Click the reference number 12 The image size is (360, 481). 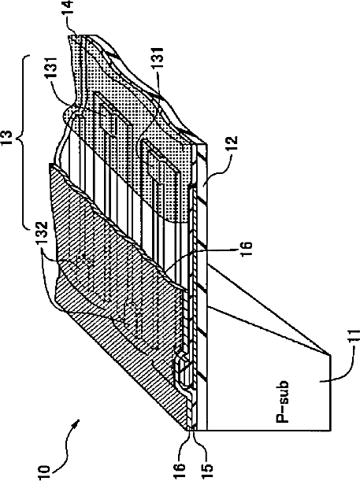(232, 143)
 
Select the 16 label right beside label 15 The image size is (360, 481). (180, 463)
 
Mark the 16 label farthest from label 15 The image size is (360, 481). (247, 247)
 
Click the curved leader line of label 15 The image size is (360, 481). (199, 445)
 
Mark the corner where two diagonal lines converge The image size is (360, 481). (330, 355)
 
